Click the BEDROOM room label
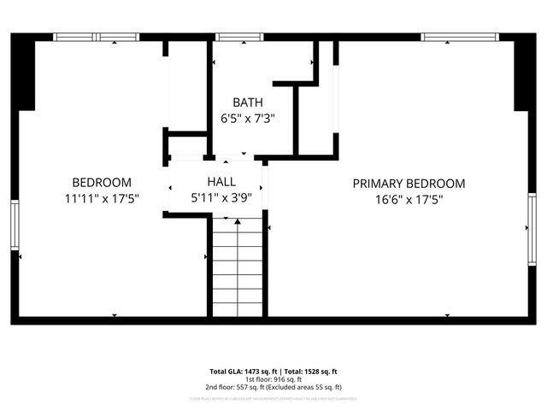[x=102, y=182]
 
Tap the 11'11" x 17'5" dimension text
[x=102, y=198]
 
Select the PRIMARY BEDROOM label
[x=409, y=183]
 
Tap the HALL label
[x=221, y=182]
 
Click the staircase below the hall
[x=238, y=265]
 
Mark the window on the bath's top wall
[x=232, y=37]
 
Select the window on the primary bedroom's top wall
[x=460, y=37]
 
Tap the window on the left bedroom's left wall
[x=15, y=225]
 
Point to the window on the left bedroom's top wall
[x=96, y=37]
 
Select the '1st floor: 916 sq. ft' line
[x=273, y=378]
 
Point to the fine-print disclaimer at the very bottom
[x=273, y=398]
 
